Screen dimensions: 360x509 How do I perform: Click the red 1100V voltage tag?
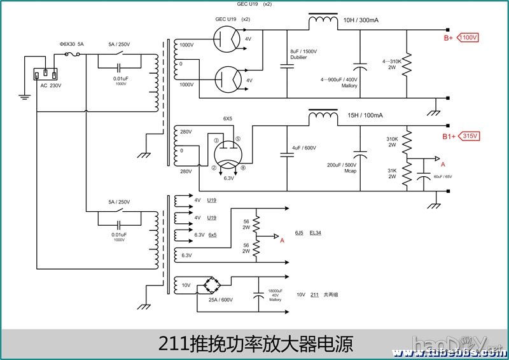[468, 37]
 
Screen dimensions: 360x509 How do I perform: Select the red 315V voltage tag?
[470, 136]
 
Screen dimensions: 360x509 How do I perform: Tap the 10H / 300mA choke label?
[361, 20]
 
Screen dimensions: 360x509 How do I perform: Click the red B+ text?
[449, 38]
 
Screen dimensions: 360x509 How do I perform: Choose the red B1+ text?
[450, 137]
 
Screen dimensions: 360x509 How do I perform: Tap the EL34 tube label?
[315, 233]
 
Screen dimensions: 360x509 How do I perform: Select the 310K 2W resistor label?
[392, 142]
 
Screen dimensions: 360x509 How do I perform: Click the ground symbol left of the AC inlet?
[25, 97]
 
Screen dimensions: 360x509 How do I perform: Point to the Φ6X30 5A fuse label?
[71, 45]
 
